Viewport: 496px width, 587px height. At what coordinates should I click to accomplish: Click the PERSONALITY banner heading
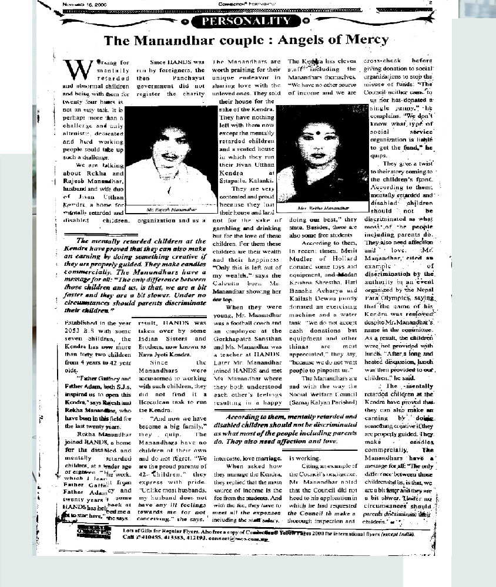point(247,22)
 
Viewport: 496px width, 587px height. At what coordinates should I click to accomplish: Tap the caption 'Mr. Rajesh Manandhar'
point(163,208)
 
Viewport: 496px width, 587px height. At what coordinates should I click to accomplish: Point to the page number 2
point(431,4)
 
